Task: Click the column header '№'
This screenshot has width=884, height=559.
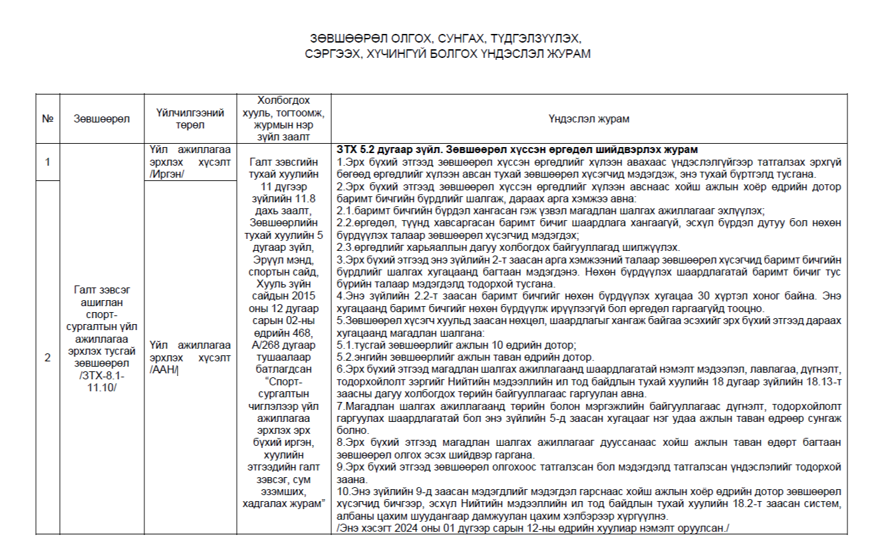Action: (x=47, y=119)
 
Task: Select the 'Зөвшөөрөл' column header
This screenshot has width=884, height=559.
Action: (x=102, y=119)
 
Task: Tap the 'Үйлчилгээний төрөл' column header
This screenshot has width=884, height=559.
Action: (x=190, y=119)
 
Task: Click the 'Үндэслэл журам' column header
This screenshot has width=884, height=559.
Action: (x=589, y=119)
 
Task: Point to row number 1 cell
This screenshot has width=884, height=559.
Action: (x=47, y=162)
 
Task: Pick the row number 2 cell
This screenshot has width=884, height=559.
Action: (x=47, y=358)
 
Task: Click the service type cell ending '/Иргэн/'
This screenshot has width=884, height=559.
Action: (x=190, y=162)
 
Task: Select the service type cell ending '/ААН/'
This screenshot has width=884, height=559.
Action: (x=190, y=357)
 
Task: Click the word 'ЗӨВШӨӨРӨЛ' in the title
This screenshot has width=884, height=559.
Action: (x=342, y=38)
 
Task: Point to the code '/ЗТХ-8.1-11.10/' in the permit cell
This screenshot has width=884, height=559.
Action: (x=102, y=381)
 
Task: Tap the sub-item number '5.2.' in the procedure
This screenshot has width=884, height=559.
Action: (x=345, y=356)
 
